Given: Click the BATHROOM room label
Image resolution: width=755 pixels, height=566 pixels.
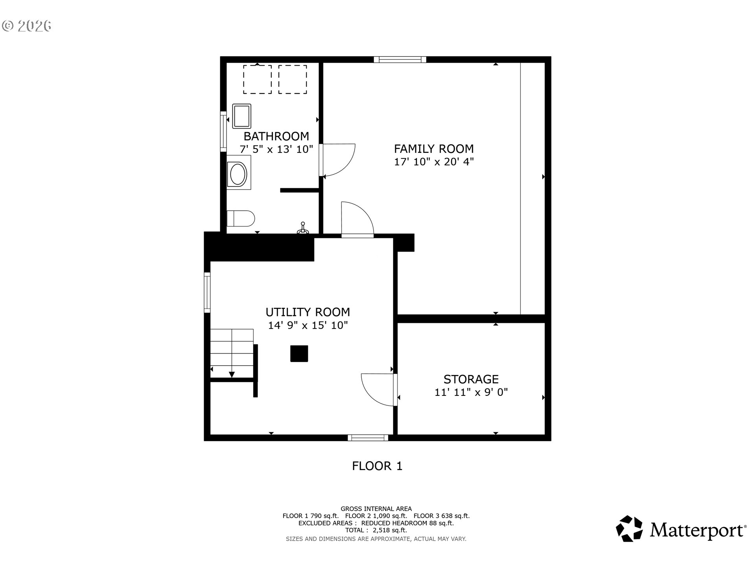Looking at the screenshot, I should [276, 136].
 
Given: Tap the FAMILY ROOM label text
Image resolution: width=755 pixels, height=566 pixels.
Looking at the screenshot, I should [434, 149].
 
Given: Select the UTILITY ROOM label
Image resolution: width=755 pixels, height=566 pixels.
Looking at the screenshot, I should [308, 312].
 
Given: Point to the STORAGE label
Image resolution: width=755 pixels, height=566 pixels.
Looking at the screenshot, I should [471, 379].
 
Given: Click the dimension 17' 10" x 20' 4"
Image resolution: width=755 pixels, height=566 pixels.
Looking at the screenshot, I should [434, 162].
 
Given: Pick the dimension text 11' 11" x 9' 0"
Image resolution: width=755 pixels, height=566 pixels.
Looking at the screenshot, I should [471, 392].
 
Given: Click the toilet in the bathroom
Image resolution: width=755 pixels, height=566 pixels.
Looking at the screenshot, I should [241, 219].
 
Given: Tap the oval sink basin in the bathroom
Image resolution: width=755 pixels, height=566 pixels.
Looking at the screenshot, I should [238, 175].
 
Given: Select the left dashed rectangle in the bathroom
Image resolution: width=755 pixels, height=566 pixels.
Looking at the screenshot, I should [257, 79].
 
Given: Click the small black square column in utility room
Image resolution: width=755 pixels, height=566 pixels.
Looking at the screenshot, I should [299, 353].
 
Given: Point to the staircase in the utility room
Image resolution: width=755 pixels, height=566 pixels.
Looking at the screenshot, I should [232, 353].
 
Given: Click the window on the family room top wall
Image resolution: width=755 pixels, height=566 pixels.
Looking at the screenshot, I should [400, 59].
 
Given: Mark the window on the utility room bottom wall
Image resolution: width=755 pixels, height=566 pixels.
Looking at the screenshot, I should [368, 437].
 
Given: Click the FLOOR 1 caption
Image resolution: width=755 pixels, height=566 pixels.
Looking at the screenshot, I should [377, 466].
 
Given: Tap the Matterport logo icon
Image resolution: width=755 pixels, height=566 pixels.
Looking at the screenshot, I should [629, 529].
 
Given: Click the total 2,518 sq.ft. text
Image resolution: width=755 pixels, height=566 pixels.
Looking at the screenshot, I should [376, 530].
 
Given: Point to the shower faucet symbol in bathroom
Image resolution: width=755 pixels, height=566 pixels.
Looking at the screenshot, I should [302, 229].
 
